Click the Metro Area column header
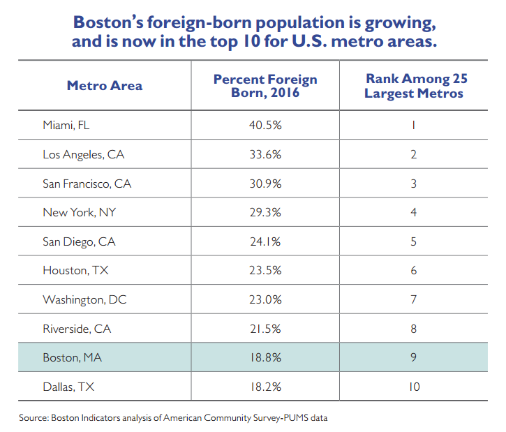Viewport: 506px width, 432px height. [x=105, y=86]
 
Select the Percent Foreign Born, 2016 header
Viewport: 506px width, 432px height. [x=265, y=86]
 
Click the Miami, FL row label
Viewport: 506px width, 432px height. [x=66, y=126]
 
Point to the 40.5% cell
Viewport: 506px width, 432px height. [x=265, y=126]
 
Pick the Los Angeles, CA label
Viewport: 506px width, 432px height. [x=84, y=155]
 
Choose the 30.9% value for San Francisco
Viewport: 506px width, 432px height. [x=265, y=184]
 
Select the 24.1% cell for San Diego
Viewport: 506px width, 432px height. [x=265, y=242]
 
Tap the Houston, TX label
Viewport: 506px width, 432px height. [x=73, y=271]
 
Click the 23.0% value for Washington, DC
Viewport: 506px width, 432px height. [x=265, y=300]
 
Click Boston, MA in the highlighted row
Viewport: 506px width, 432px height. [x=72, y=358]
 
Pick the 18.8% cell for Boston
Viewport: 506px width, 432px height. [x=265, y=358]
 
